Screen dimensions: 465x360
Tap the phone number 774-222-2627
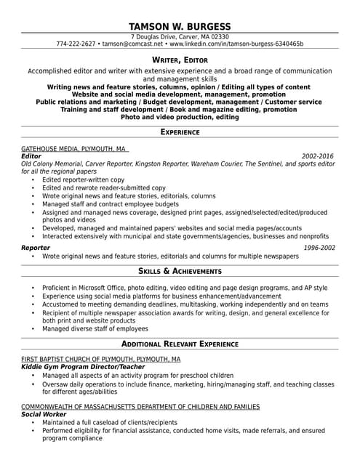(x=76, y=44)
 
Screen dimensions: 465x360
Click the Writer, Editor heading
(x=180, y=60)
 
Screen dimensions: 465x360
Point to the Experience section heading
(x=180, y=132)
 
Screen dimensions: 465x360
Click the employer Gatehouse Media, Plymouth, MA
(x=74, y=148)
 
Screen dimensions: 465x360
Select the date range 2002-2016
(x=318, y=156)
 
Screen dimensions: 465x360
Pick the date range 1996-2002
(x=319, y=248)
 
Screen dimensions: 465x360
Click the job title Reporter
(x=36, y=248)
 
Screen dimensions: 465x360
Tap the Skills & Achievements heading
(x=180, y=271)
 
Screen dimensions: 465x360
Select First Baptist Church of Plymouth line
(x=100, y=359)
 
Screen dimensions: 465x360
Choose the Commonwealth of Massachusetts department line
(x=140, y=406)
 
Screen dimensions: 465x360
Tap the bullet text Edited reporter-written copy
(x=83, y=179)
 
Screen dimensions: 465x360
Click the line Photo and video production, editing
(x=180, y=116)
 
